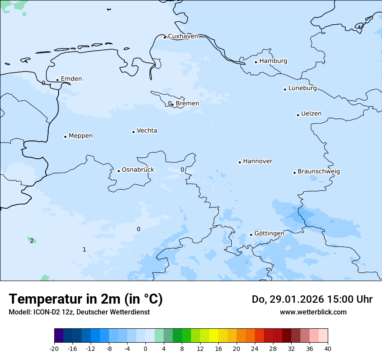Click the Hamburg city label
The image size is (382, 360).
[273, 61]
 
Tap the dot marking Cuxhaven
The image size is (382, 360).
[165, 37]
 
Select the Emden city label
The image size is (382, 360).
[71, 79]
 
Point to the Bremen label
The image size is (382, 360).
[188, 104]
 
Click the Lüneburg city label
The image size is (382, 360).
[303, 88]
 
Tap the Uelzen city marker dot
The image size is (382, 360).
[298, 115]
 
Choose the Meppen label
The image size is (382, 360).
[81, 136]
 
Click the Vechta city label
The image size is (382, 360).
[147, 131]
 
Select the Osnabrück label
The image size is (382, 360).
[138, 170]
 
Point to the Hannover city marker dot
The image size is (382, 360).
[240, 162]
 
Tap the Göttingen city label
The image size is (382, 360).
[269, 233]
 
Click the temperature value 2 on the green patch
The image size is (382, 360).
[32, 241]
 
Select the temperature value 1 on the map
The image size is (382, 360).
[84, 249]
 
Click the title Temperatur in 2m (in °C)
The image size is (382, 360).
[86, 299]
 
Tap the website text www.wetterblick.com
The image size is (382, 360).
[313, 312]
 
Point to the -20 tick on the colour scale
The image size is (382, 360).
[54, 348]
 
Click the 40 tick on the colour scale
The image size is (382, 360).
[328, 348]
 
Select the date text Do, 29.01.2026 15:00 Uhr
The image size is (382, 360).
[312, 299]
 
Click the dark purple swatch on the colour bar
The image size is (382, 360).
[59, 336]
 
